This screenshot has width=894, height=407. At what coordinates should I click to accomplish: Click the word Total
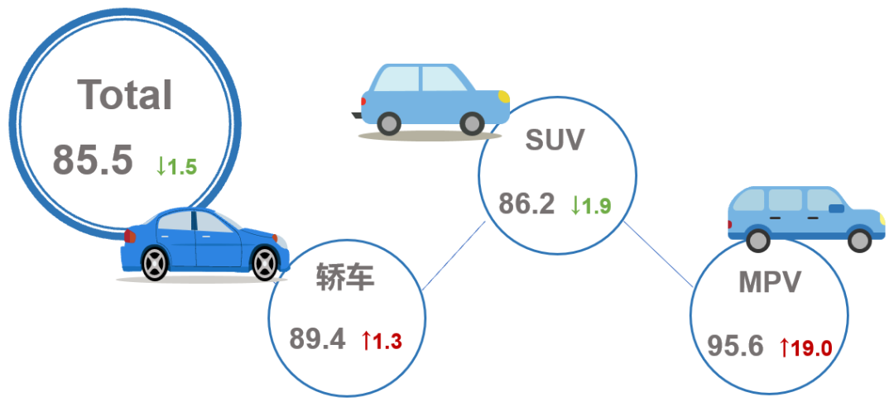point(125,94)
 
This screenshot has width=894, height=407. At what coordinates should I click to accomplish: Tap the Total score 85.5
point(93,160)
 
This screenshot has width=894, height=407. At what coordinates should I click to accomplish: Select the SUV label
point(555,140)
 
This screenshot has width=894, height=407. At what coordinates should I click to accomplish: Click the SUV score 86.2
point(526,203)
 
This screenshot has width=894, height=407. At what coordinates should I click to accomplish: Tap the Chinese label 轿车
point(345,278)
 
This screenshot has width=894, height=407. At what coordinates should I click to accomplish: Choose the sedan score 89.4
point(317,338)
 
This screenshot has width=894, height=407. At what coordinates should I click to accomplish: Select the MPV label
point(770,281)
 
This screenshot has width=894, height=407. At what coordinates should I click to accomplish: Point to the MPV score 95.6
point(736,346)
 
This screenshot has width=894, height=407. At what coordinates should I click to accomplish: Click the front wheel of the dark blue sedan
point(265,264)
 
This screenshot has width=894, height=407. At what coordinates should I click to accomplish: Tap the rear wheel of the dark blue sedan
point(155,263)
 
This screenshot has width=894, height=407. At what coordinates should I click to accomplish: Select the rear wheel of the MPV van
point(758,240)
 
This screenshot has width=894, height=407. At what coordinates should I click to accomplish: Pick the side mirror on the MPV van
point(836,208)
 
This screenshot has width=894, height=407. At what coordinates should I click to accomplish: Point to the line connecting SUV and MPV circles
point(659,254)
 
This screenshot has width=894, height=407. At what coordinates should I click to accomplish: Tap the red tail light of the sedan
point(130,236)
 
